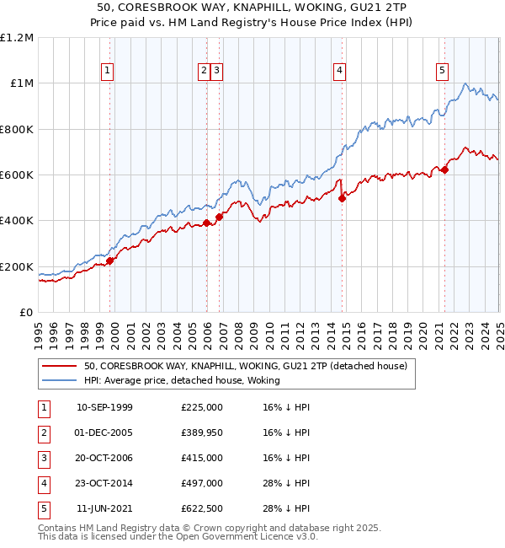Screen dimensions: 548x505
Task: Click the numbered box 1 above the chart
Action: [x=109, y=72]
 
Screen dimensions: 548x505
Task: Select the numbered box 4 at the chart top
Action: [x=338, y=72]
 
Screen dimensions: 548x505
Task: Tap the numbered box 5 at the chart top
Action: [x=442, y=72]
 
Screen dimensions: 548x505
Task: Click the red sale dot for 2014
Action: [x=342, y=199]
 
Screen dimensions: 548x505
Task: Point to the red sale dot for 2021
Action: [x=444, y=169]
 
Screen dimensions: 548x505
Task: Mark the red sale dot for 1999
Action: [x=109, y=261]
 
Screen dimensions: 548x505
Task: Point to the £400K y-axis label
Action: [x=17, y=221]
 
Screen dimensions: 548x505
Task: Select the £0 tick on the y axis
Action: [x=27, y=313]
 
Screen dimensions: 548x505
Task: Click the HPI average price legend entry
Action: [x=181, y=380]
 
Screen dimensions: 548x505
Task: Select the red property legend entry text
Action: [x=246, y=366]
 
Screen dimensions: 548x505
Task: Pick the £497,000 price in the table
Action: [x=202, y=483]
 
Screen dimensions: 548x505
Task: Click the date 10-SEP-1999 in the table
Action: [x=104, y=407]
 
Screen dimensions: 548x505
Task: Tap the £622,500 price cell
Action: [x=202, y=508]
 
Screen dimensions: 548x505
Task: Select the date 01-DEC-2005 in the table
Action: [x=104, y=432]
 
